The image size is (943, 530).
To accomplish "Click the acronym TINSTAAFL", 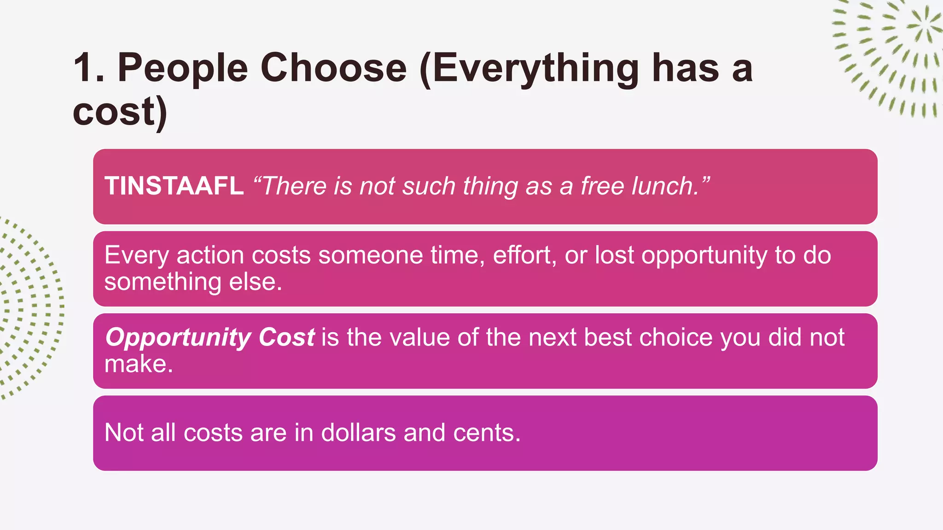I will (174, 186).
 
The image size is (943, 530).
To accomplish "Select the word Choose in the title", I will (333, 68).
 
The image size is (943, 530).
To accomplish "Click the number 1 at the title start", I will (84, 68).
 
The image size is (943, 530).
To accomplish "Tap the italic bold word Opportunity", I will (178, 337).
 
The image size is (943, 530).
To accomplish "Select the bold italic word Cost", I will (286, 337).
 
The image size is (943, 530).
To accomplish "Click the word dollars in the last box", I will (358, 432).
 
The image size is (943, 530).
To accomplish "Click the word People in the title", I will (183, 68).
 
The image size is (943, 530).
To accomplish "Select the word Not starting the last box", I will (124, 432).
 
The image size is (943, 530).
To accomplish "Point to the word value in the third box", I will (419, 337).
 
